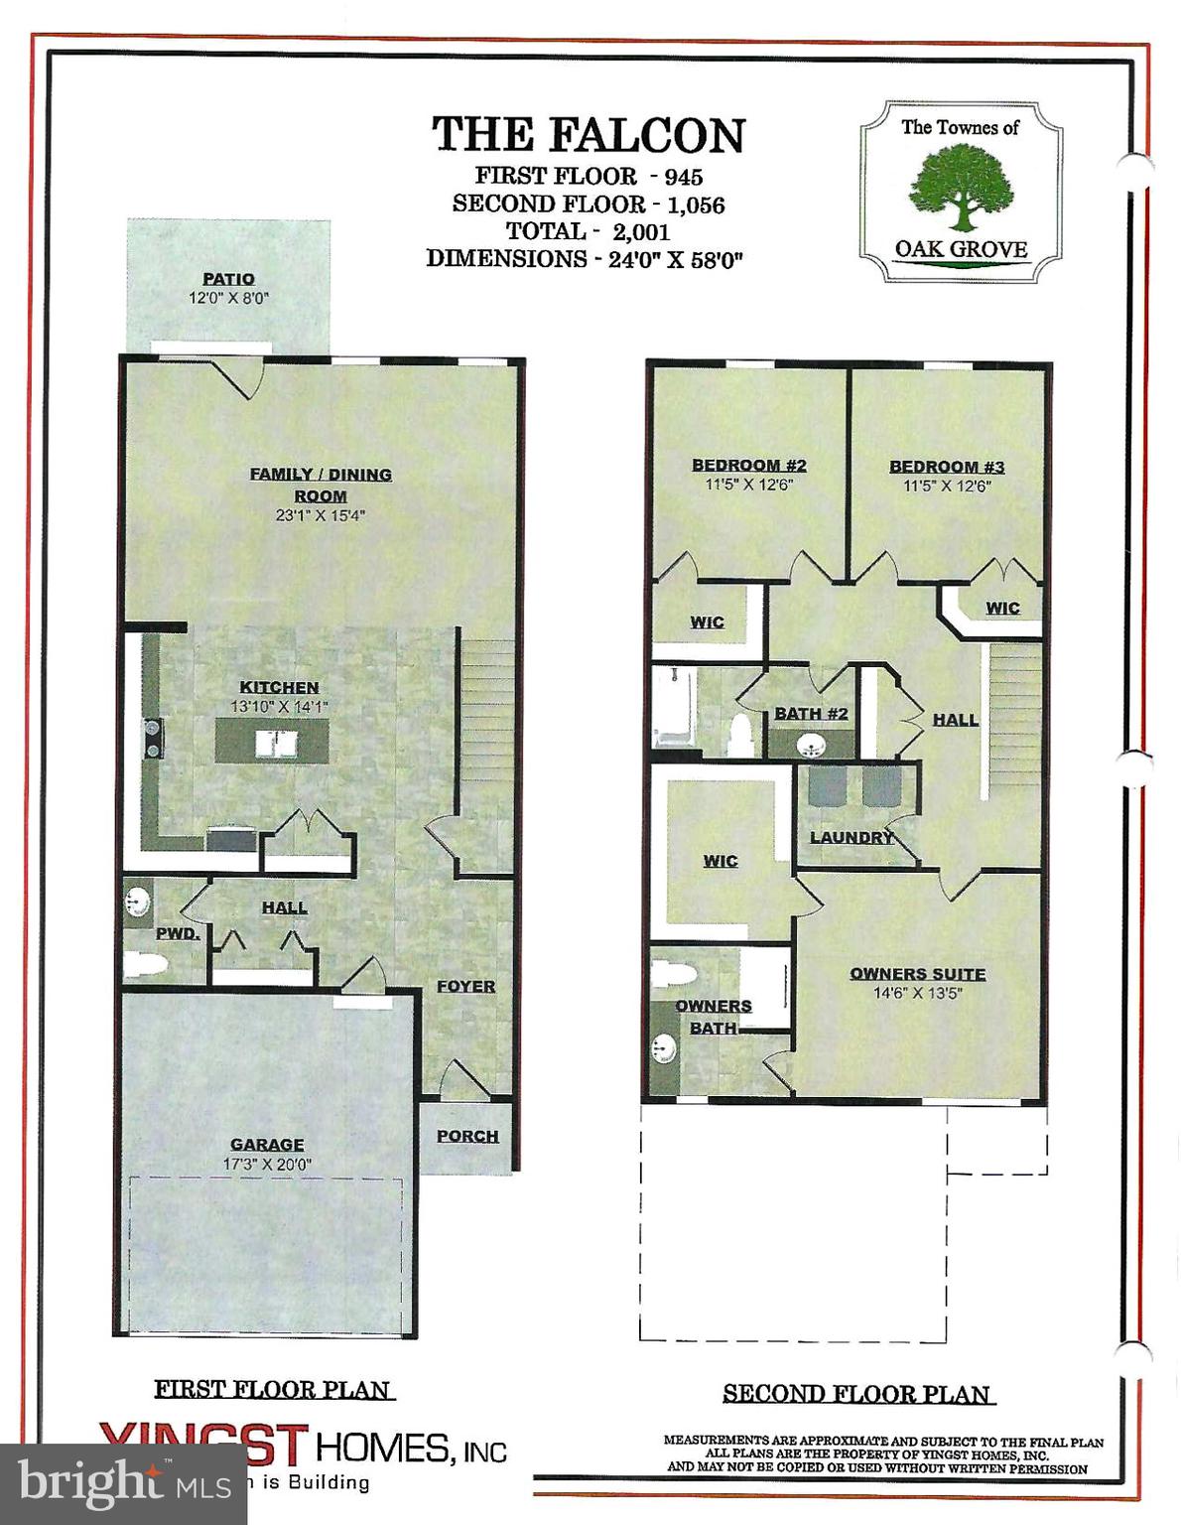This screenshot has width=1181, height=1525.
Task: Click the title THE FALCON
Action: pos(589,135)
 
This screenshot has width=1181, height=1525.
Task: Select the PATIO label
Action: pos(229,279)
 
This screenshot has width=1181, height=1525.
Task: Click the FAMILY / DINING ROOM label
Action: pos(321,485)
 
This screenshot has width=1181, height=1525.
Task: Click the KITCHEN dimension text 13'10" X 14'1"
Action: pos(279,706)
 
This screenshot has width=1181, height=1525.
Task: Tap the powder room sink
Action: pos(137,903)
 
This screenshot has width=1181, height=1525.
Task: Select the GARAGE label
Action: pos(267,1144)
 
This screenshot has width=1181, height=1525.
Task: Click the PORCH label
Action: pos(467,1136)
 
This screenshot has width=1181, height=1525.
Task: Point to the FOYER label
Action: pos(465,986)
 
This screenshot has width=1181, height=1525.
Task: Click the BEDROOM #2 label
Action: pos(749,465)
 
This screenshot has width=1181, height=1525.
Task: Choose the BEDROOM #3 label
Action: pos(947,466)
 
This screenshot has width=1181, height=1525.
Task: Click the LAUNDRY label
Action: pos(851,837)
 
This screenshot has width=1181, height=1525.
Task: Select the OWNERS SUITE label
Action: pos(918,974)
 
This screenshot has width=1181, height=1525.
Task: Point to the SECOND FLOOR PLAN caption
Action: pos(857,1394)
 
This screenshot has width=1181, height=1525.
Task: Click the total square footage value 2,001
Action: pos(641,231)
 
